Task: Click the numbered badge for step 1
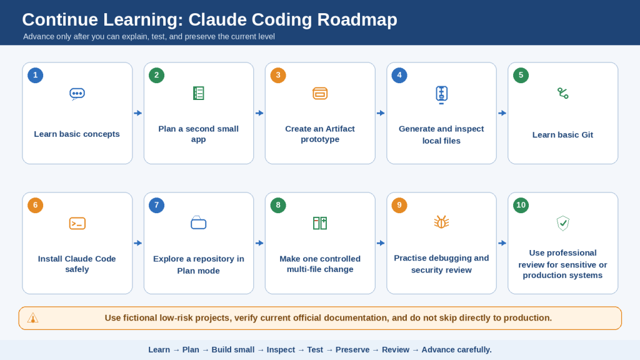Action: pyautogui.click(x=36, y=75)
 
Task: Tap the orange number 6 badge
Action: pyautogui.click(x=36, y=205)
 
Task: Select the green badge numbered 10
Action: pyautogui.click(x=521, y=205)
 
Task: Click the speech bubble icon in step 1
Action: pyautogui.click(x=77, y=94)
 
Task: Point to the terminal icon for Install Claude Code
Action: pyautogui.click(x=77, y=223)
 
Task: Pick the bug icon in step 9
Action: pyautogui.click(x=441, y=222)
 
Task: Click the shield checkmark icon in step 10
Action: pyautogui.click(x=563, y=223)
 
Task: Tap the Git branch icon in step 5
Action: pyautogui.click(x=563, y=94)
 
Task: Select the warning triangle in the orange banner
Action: pyautogui.click(x=32, y=318)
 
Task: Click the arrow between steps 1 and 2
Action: pyautogui.click(x=138, y=113)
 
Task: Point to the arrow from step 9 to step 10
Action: pyautogui.click(x=502, y=243)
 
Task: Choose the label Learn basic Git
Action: pyautogui.click(x=562, y=135)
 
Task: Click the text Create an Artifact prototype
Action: pyautogui.click(x=320, y=134)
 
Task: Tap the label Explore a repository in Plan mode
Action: pyautogui.click(x=198, y=264)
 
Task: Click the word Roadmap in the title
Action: pyautogui.click(x=357, y=19)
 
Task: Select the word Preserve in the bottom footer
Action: pyautogui.click(x=352, y=350)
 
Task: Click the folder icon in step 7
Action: pyautogui.click(x=198, y=222)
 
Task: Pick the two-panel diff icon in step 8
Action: pyautogui.click(x=320, y=223)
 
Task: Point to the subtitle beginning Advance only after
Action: pyautogui.click(x=149, y=37)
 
